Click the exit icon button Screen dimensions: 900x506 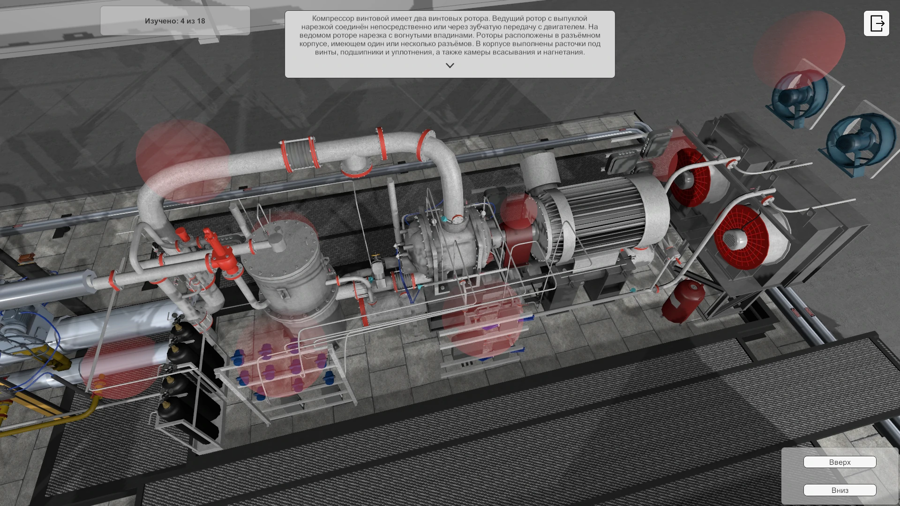(x=876, y=23)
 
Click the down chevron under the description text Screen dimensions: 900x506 (x=450, y=66)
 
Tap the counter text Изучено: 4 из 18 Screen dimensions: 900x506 (x=175, y=21)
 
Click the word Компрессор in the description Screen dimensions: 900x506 (x=333, y=18)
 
